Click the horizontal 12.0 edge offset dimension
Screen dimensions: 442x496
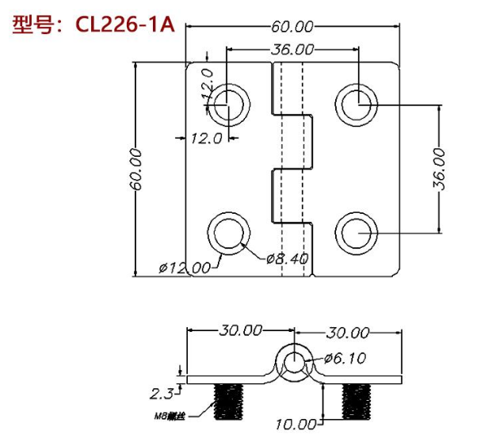click(x=204, y=139)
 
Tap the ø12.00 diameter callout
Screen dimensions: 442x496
click(x=184, y=268)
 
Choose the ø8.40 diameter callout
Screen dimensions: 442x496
click(x=287, y=258)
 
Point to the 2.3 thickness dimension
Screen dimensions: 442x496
click(x=161, y=392)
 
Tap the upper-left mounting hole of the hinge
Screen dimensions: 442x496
click(x=229, y=103)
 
